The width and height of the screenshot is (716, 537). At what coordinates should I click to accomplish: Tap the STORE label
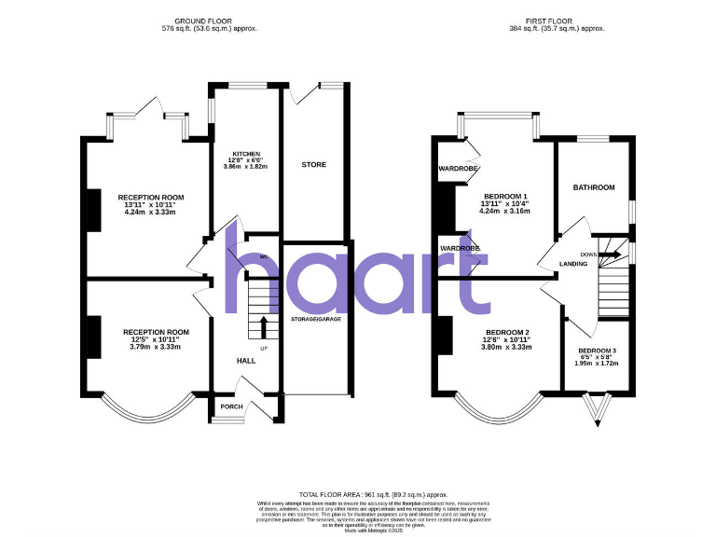pos(314,164)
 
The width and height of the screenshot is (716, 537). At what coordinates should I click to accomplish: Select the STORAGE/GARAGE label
pos(315,319)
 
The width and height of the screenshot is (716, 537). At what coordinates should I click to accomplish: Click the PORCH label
pos(230,407)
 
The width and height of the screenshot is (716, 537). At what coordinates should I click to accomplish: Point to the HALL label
pos(246,360)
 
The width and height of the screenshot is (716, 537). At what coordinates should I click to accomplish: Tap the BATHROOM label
pos(594,187)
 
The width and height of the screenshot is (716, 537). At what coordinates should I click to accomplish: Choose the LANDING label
pos(573,264)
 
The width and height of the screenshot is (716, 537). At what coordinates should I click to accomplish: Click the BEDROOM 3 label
pos(598,351)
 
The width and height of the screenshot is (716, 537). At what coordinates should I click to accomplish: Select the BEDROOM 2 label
pos(507,333)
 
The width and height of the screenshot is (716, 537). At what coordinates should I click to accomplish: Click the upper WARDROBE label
pos(459,169)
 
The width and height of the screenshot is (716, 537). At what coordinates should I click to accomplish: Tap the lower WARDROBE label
pos(459,249)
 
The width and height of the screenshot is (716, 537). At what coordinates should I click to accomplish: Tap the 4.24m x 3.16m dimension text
pos(504,212)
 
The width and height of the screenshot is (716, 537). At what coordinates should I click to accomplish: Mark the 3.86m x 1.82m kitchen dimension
pos(246,167)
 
